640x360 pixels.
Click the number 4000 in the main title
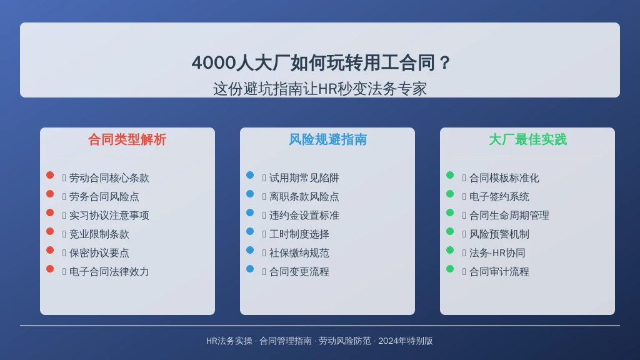click(214, 63)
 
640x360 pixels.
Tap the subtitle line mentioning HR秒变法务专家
click(320, 89)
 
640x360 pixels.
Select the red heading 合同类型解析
click(127, 139)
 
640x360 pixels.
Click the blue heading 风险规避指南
click(327, 139)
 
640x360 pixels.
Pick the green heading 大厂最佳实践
click(527, 139)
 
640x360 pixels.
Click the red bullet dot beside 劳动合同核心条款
click(50, 175)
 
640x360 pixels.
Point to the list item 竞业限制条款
click(99, 234)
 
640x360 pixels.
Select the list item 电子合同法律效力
click(109, 272)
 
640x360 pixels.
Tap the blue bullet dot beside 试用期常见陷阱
click(250, 175)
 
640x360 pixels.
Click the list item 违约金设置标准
click(304, 216)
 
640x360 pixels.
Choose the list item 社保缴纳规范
click(299, 253)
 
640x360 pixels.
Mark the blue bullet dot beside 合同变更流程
click(250, 269)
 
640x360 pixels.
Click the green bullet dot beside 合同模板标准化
click(450, 175)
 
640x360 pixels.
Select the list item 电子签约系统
click(499, 197)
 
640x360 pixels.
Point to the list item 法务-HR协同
click(497, 253)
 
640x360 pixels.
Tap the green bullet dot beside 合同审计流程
click(450, 269)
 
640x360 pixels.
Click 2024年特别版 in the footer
click(405, 341)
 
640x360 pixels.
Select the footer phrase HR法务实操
click(229, 341)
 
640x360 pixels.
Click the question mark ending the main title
click(445, 63)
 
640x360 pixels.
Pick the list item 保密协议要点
click(99, 253)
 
